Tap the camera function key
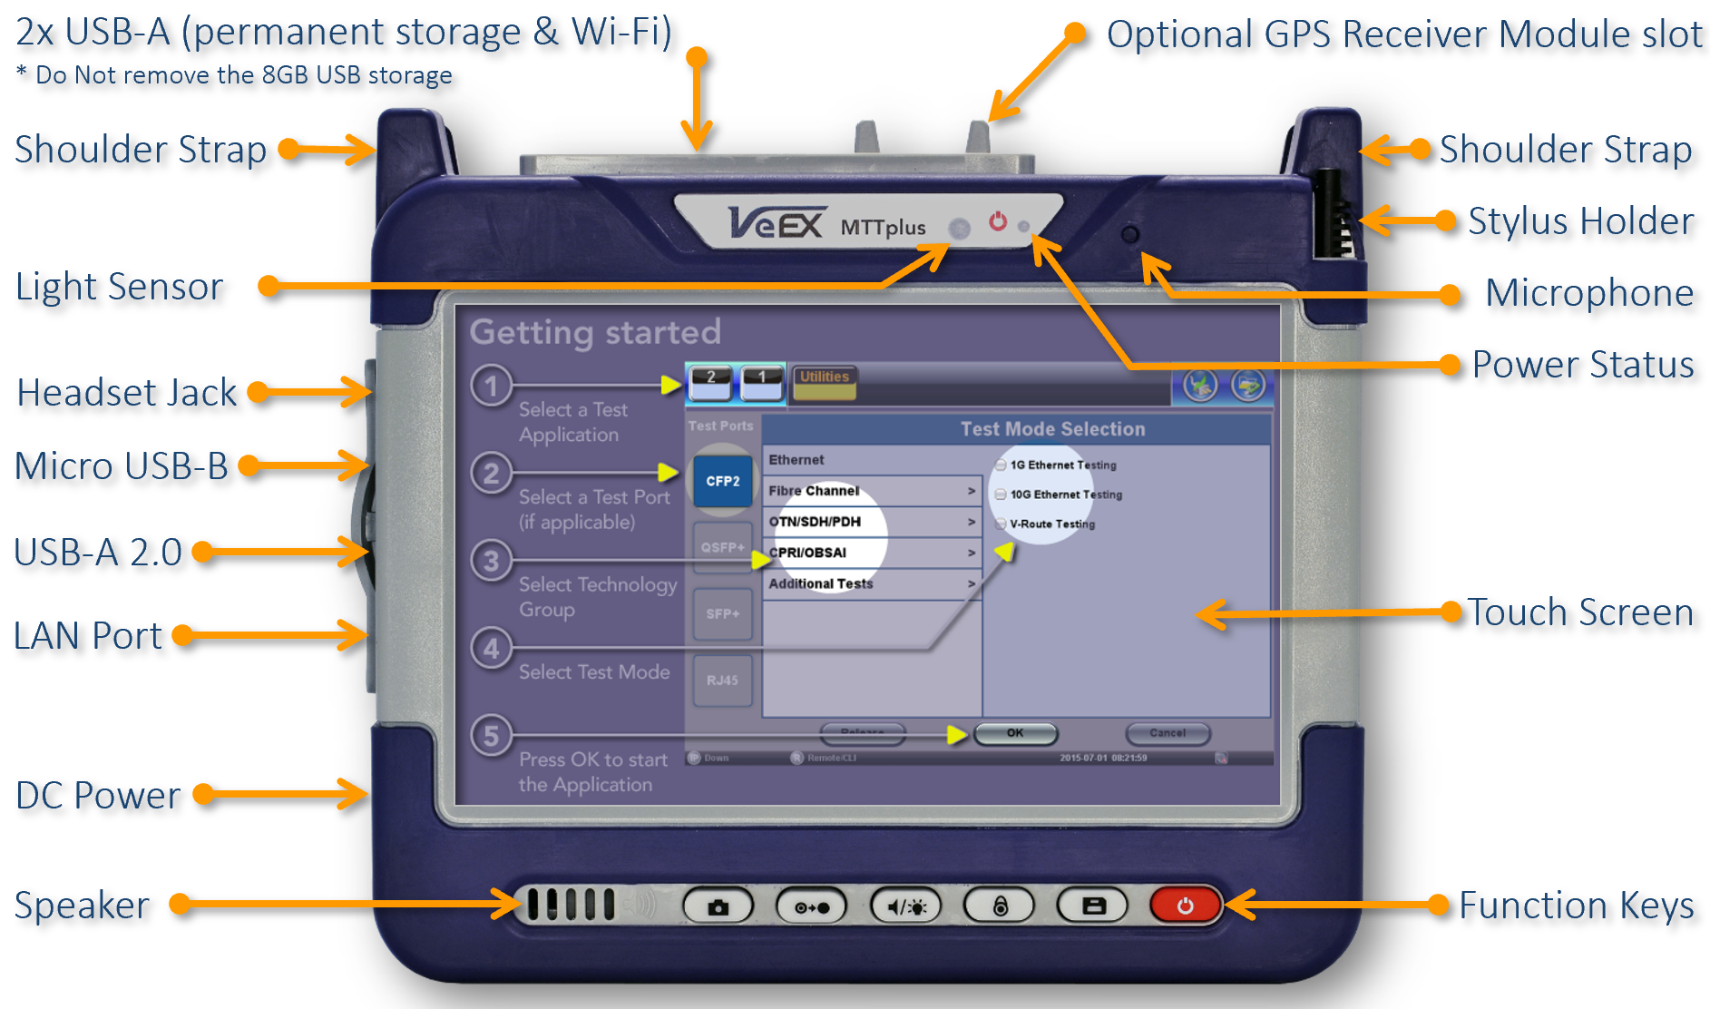(x=718, y=906)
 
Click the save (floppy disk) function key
(x=1093, y=906)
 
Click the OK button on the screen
(x=1015, y=733)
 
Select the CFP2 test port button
(x=723, y=481)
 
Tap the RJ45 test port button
(x=723, y=680)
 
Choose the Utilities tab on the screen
(x=825, y=381)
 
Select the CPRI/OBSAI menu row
(x=871, y=553)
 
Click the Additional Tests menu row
(x=871, y=583)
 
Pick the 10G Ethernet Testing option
(x=1065, y=495)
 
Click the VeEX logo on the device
(x=777, y=222)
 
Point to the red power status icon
(x=998, y=221)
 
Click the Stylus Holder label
(x=1580, y=220)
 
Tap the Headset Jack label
(x=127, y=393)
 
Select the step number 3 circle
(x=491, y=561)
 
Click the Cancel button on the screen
(x=1168, y=733)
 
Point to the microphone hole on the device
(x=1129, y=234)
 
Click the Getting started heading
(x=595, y=332)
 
